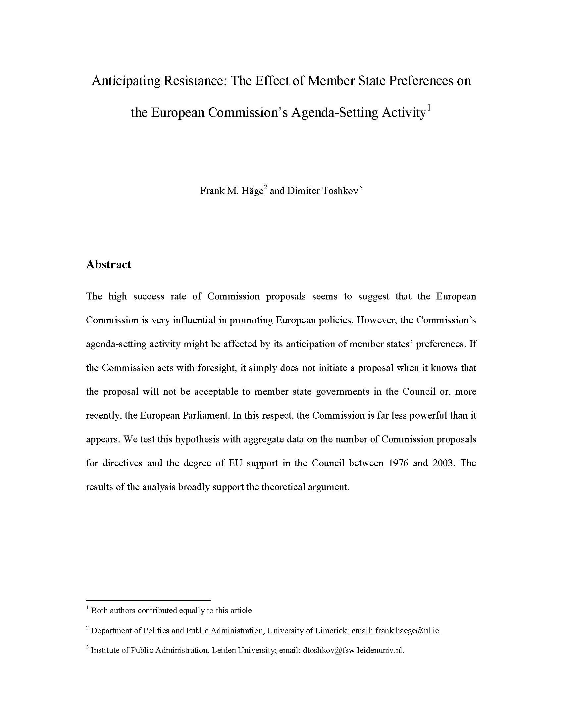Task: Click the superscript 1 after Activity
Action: (429, 108)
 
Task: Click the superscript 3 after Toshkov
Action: (360, 187)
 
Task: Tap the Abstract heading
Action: (108, 264)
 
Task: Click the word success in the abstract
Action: (148, 296)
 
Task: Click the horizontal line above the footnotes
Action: (148, 600)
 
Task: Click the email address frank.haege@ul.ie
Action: (408, 630)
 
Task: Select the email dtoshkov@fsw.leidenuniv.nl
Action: (353, 650)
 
